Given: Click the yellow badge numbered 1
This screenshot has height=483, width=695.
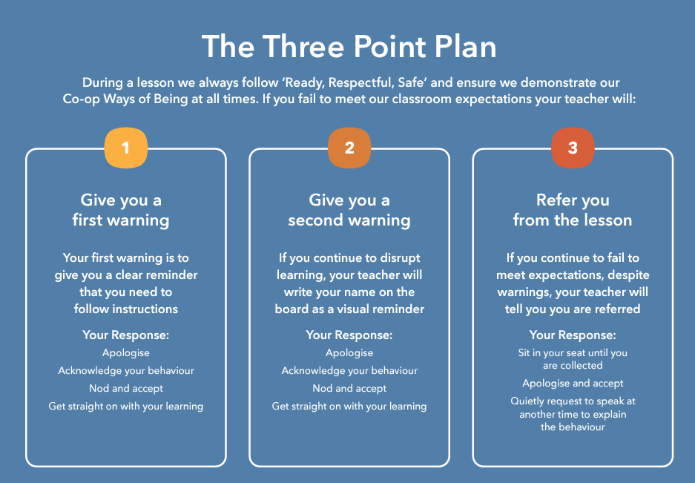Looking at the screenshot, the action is point(126,148).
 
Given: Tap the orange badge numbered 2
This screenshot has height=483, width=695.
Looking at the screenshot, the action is point(349,148).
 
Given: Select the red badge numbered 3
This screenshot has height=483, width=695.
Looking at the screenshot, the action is point(573,148).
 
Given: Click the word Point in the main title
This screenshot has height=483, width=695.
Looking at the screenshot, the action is point(390,47).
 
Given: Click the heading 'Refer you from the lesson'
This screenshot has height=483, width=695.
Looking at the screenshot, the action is point(573,210).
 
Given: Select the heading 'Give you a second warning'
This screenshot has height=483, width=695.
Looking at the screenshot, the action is point(349,210).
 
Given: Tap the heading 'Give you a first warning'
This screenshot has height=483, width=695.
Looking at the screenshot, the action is point(121,210).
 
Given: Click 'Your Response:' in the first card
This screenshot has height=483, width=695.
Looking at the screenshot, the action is point(126,335).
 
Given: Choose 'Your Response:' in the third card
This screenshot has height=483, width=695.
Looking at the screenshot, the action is point(573,335).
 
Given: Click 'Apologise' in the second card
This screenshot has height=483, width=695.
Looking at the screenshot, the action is point(349,353).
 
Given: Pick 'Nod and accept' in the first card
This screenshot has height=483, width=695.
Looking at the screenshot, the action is point(126,389).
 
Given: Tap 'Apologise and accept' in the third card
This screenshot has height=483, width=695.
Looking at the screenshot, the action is point(573,383).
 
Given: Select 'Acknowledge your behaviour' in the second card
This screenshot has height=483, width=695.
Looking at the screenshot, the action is point(349,371).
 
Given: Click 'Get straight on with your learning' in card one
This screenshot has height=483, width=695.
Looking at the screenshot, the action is point(126,407).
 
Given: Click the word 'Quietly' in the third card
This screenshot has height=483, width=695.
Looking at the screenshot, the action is point(527,401).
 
